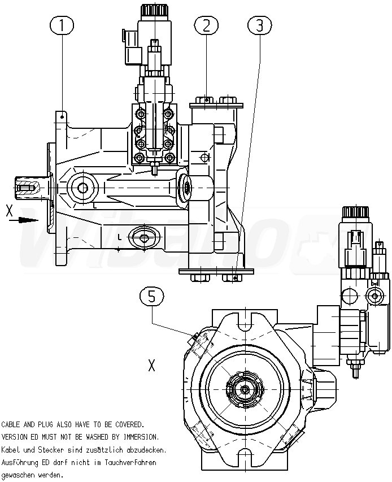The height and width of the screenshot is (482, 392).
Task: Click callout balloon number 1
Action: tap(62, 25)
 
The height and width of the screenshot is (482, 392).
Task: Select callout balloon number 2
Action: tap(206, 25)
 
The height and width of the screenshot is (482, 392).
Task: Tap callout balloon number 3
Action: tap(260, 25)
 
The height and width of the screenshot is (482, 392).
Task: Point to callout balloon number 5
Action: tap(152, 296)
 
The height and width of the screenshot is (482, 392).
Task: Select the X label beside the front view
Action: tap(152, 366)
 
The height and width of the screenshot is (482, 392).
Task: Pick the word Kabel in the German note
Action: tap(11, 450)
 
